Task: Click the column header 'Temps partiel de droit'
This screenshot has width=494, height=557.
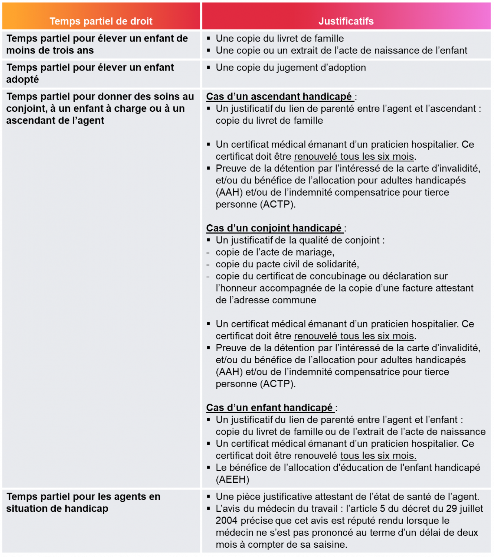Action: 101,21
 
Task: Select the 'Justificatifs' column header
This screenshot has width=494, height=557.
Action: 346,21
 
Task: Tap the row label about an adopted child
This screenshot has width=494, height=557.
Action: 90,73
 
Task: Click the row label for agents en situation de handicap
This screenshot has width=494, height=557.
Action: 83,502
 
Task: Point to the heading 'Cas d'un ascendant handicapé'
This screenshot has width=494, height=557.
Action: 279,97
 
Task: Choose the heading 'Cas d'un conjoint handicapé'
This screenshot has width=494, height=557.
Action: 274,228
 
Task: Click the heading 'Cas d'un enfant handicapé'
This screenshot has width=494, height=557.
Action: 269,408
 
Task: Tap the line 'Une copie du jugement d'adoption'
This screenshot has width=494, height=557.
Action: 291,68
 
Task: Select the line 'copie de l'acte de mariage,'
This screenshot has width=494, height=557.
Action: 275,252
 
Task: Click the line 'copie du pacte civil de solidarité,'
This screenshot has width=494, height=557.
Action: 287,264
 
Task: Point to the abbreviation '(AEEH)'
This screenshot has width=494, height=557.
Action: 232,479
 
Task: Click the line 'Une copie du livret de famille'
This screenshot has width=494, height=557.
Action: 279,39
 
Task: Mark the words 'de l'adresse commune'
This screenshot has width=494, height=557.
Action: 266,300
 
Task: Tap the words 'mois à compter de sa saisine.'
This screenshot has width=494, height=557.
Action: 281,544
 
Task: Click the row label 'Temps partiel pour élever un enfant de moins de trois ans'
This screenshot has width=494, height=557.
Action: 97,44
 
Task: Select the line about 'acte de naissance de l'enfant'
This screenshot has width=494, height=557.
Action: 341,51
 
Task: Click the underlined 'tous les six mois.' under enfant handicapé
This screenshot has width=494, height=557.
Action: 378,456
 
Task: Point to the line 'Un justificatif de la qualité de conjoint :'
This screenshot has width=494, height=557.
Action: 300,240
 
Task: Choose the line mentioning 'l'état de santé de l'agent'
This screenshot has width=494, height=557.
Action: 347,496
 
